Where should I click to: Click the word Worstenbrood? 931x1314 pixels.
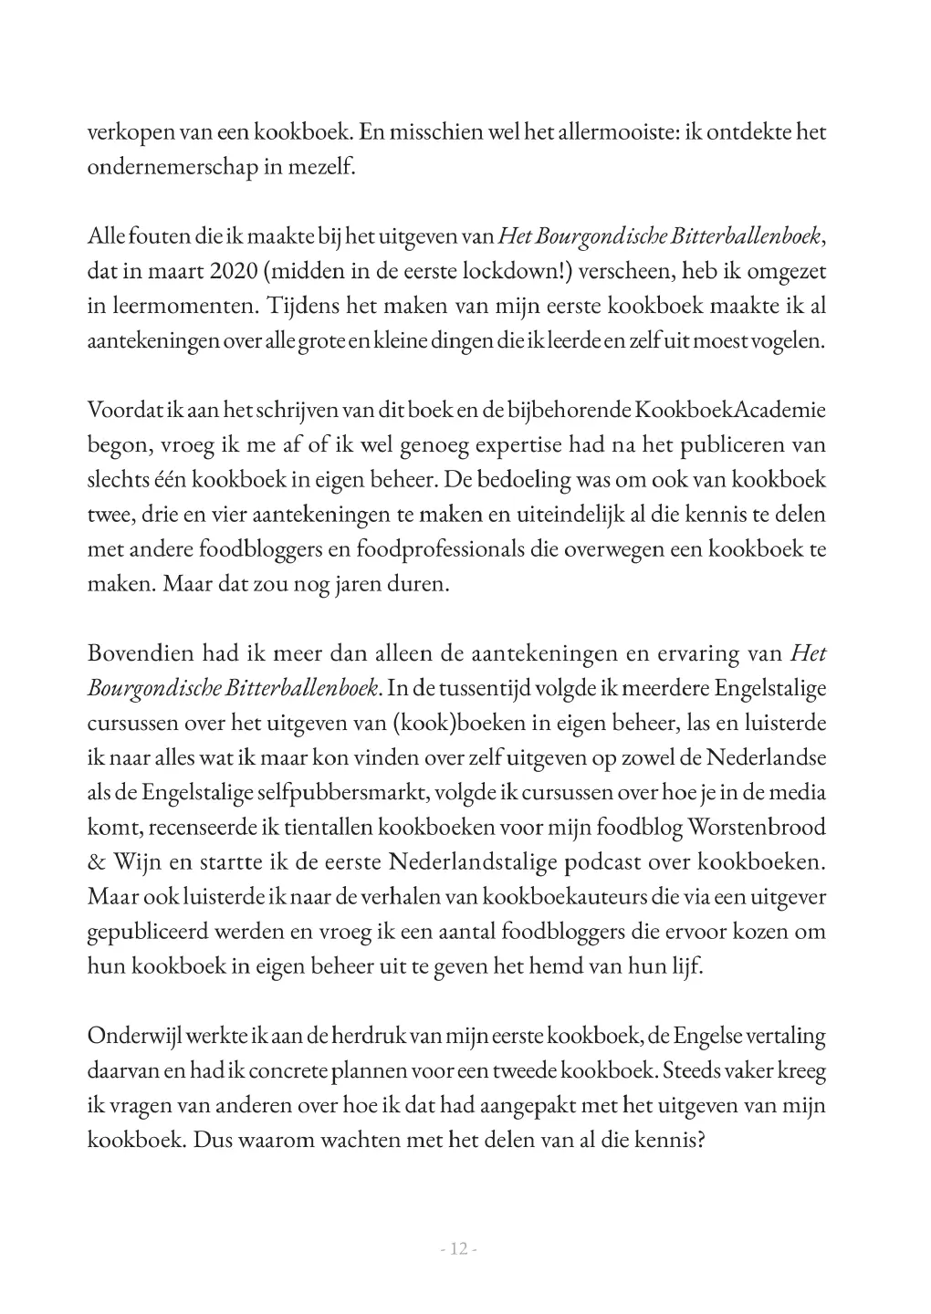coord(757,827)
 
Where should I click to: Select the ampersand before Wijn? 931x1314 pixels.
coord(96,861)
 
